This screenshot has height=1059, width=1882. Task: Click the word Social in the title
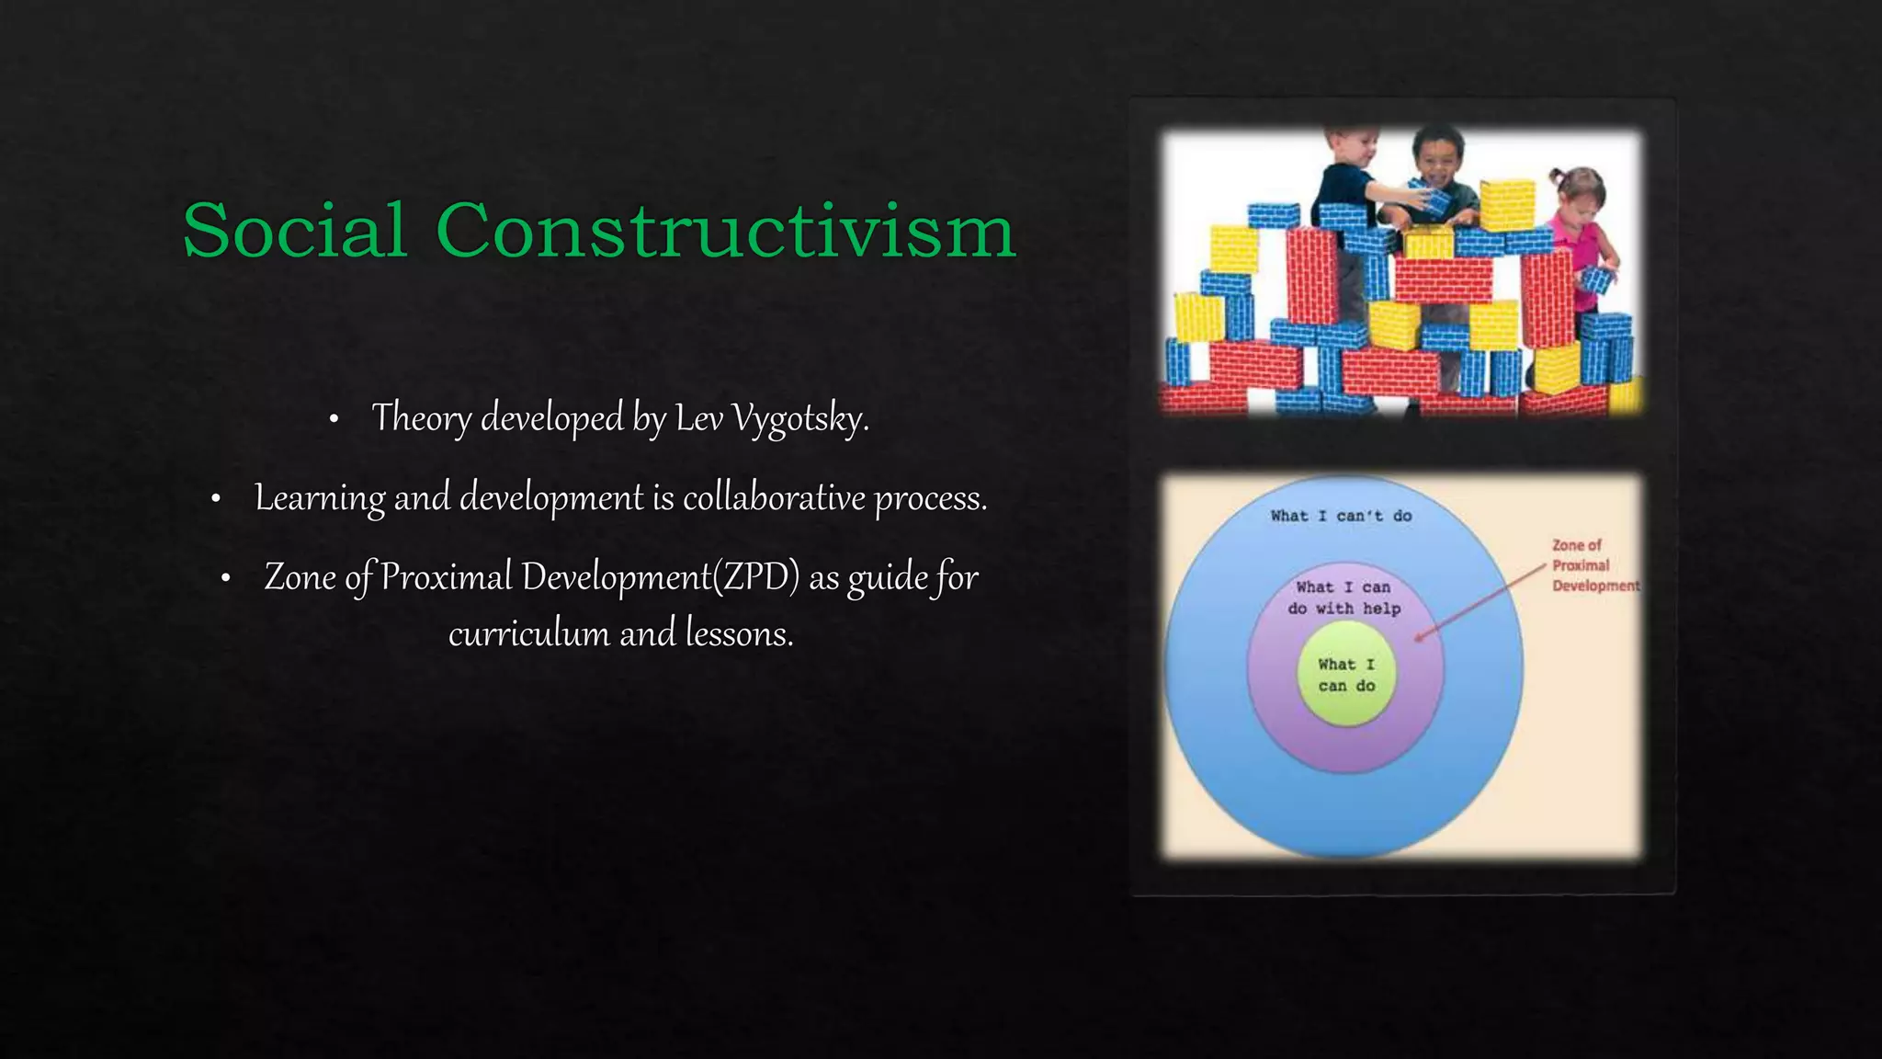pyautogui.click(x=295, y=230)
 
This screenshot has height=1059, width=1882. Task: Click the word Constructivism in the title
pyautogui.click(x=726, y=230)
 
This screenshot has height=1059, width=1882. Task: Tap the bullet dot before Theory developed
pyautogui.click(x=334, y=420)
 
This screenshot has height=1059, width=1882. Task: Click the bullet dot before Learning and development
pyautogui.click(x=216, y=499)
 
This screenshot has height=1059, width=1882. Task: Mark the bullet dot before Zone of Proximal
pyautogui.click(x=225, y=579)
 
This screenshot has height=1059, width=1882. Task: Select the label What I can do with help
pyautogui.click(x=1343, y=598)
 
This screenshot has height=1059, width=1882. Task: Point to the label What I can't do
pyautogui.click(x=1341, y=516)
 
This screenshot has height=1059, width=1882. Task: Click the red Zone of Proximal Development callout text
pyautogui.click(x=1593, y=565)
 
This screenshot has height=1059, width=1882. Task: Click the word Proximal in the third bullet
pyautogui.click(x=447, y=577)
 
